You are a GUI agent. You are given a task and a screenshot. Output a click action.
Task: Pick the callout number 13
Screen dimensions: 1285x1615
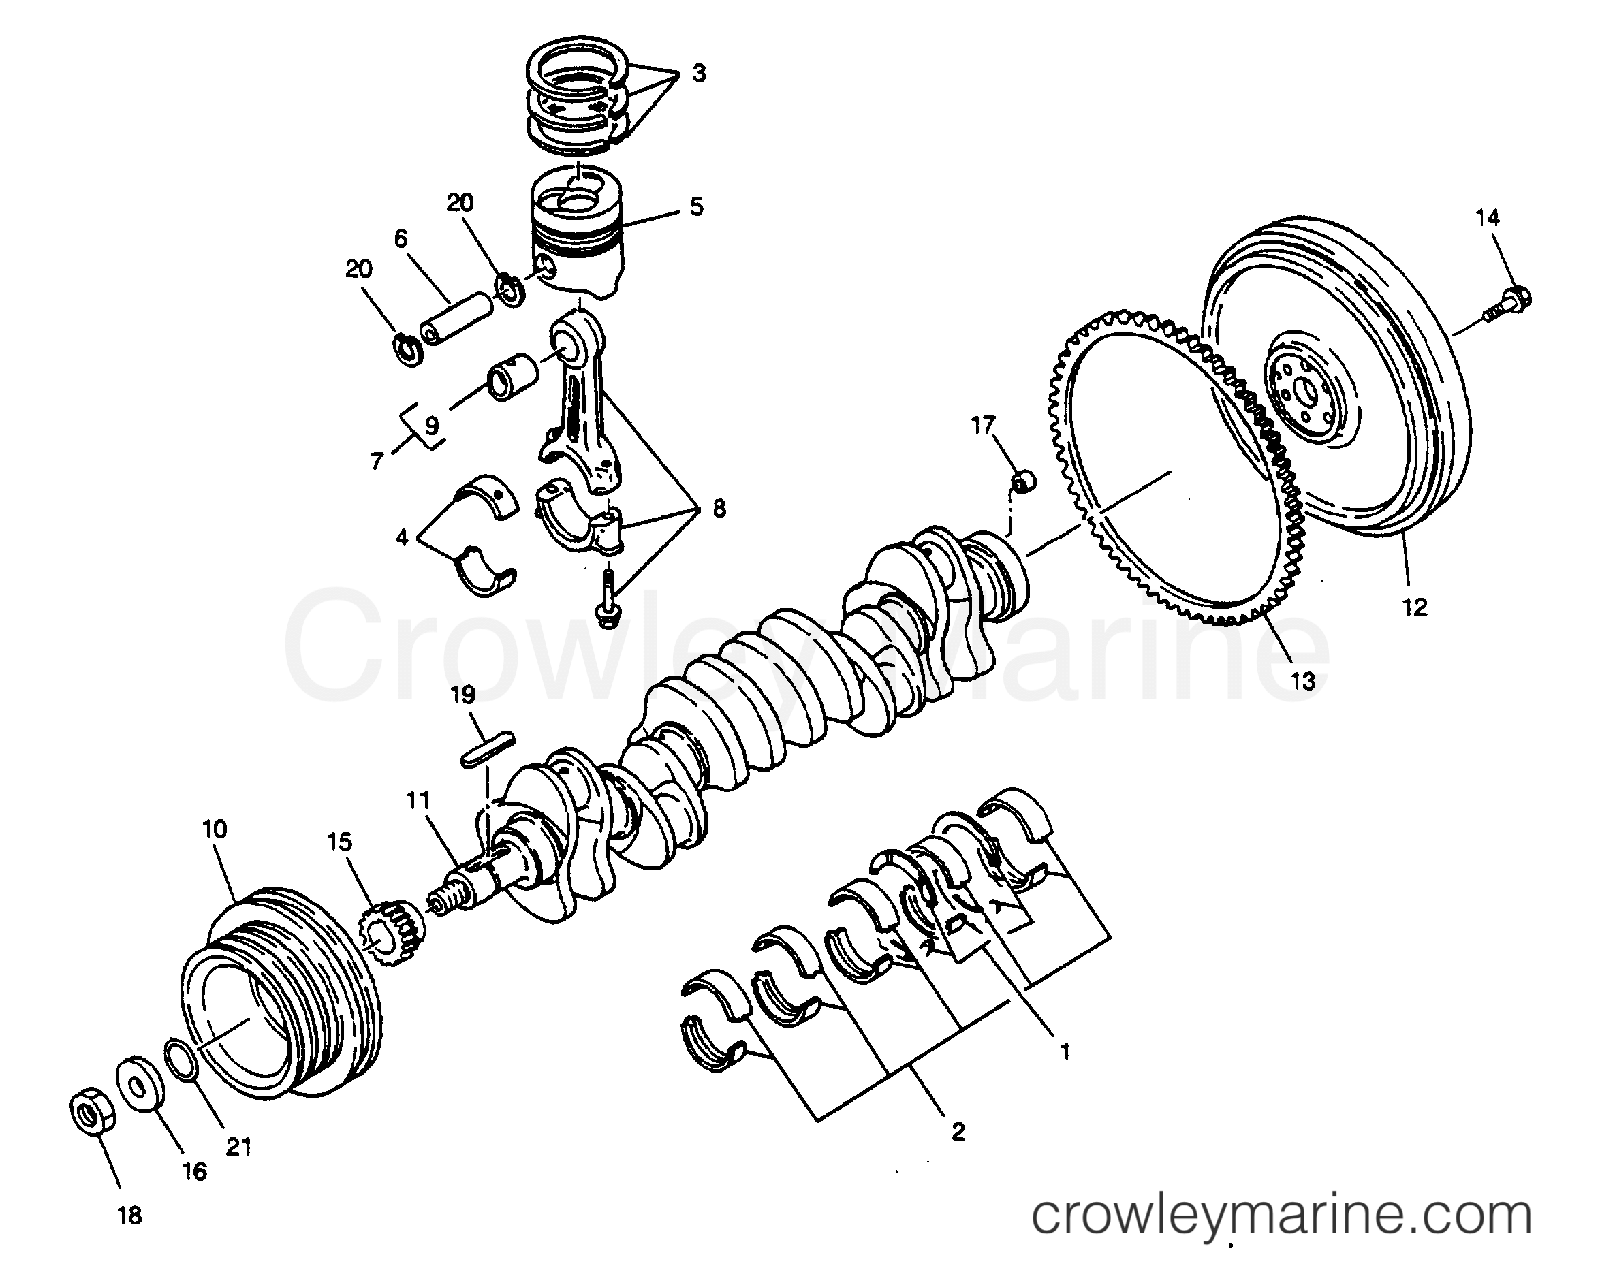pos(1304,681)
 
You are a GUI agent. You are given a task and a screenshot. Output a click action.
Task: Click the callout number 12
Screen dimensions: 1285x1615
pos(1414,607)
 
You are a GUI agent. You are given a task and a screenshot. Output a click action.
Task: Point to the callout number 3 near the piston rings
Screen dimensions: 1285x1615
pos(698,74)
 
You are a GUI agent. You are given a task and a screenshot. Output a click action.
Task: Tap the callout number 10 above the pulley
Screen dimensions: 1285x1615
pos(215,829)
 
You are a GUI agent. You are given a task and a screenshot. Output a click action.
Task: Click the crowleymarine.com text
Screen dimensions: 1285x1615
pos(1281,1217)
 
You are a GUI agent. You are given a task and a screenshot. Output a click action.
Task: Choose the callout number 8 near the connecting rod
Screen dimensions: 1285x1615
pos(719,509)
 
